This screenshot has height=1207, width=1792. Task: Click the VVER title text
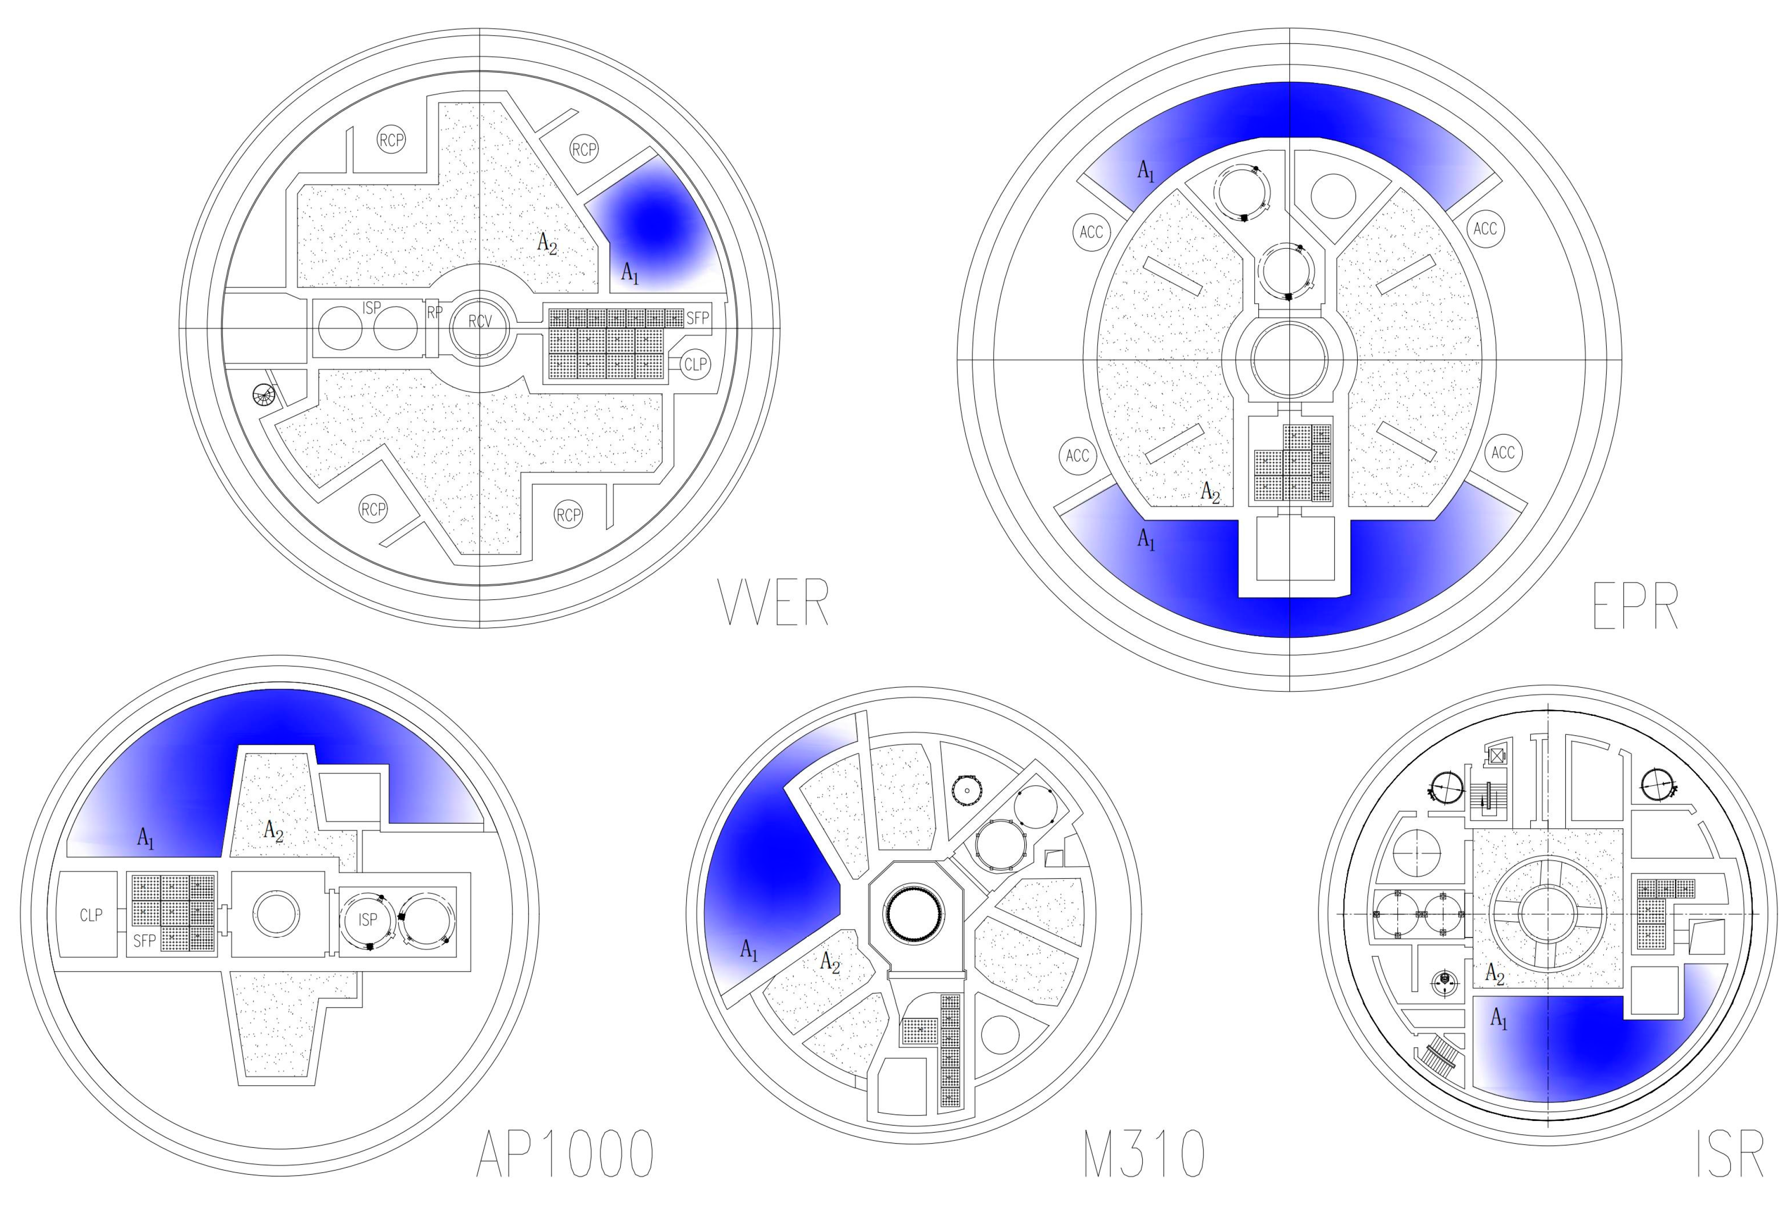coord(773,602)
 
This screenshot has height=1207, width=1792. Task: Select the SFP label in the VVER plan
coord(697,318)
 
